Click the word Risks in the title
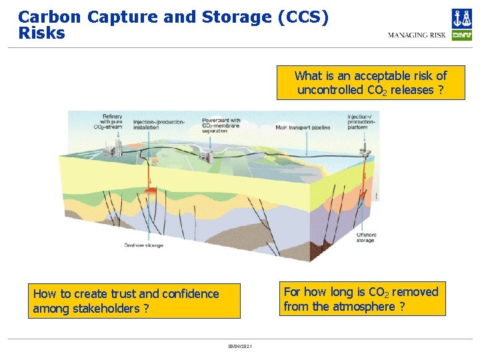coord(41,33)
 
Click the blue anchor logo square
coord(461,18)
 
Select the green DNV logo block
coord(461,35)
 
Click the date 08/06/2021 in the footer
coord(240,346)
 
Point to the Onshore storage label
coord(143,245)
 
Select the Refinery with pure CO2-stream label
coord(111,122)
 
